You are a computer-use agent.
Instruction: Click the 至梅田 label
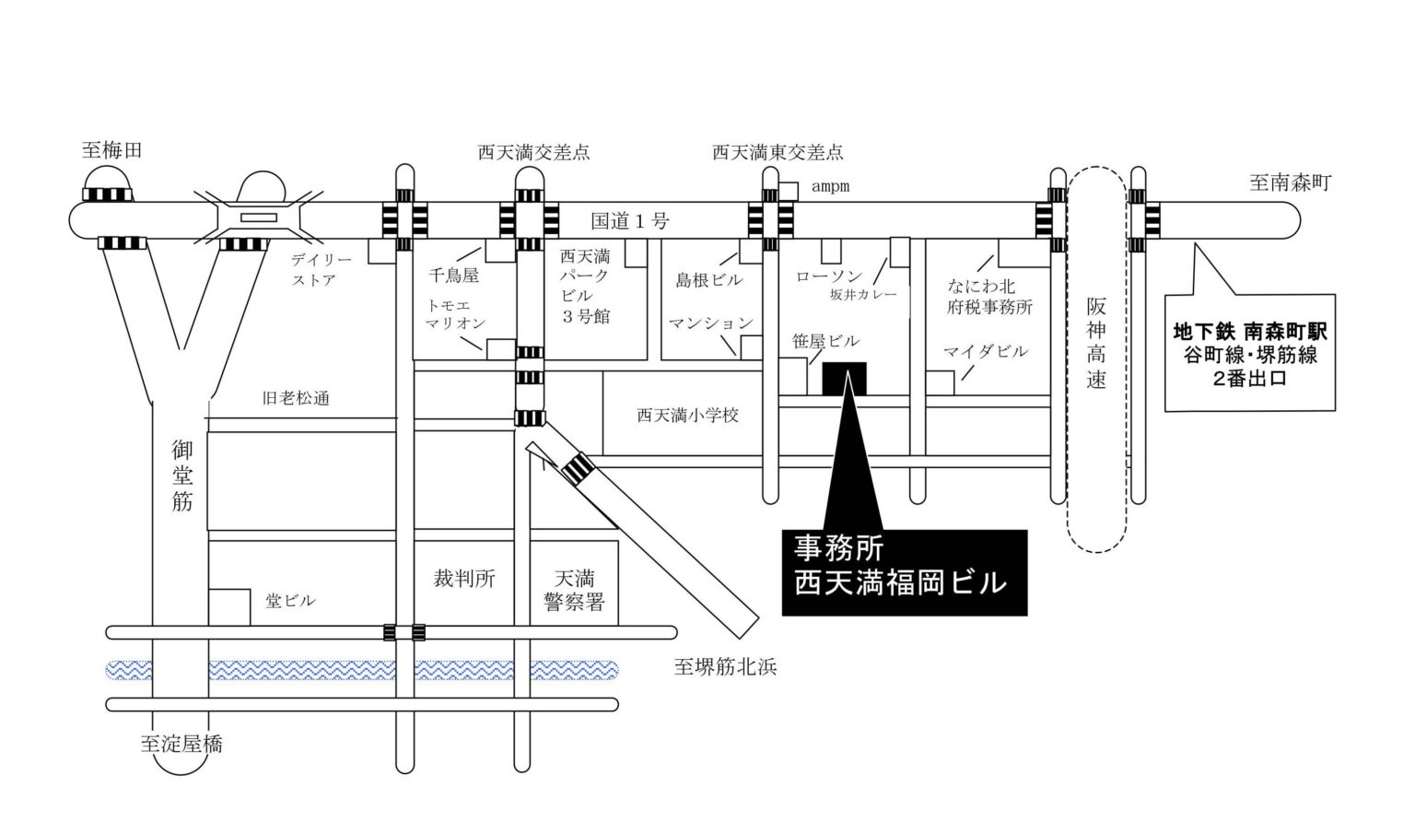point(112,150)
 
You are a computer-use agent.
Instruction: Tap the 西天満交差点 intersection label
point(533,152)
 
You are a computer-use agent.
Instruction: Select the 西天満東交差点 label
point(778,152)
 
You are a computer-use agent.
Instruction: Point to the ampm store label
point(830,187)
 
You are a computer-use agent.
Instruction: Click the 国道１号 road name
point(630,221)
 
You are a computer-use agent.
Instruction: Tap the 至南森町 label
point(1290,182)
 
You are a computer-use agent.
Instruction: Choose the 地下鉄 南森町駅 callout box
point(1249,353)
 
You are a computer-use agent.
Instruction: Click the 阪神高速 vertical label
point(1095,343)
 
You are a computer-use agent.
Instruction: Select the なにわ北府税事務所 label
point(989,297)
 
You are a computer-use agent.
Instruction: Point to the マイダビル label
point(985,351)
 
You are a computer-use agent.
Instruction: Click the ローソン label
point(828,276)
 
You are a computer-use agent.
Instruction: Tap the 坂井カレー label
point(862,295)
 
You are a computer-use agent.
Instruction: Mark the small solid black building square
point(844,379)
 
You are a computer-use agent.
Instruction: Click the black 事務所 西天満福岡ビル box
point(904,572)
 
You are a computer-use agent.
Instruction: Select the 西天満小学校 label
point(687,416)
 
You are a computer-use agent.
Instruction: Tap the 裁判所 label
point(464,579)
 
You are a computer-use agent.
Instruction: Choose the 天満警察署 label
point(574,591)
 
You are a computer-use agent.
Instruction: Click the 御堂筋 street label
point(181,476)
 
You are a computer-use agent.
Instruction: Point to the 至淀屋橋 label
point(181,744)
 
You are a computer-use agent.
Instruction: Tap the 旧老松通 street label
point(296,398)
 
